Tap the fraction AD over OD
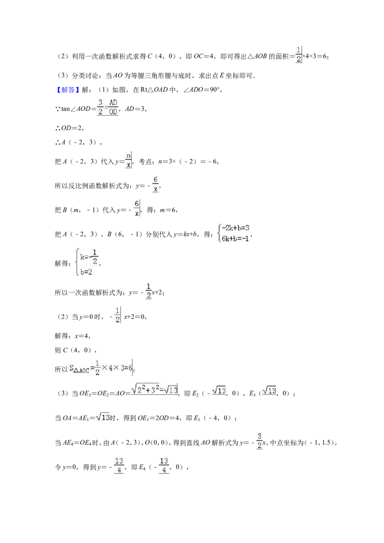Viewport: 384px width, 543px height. (x=113, y=107)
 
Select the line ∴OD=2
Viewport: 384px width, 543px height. (x=69, y=128)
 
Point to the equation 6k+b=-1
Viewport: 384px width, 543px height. (x=236, y=238)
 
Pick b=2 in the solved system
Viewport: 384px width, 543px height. (x=86, y=272)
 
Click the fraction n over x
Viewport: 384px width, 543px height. (x=128, y=160)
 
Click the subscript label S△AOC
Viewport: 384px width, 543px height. (x=79, y=369)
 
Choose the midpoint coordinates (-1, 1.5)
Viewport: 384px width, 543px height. (x=319, y=443)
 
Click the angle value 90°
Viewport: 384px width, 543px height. (x=215, y=90)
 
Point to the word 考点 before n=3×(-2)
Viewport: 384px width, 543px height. (x=145, y=161)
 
